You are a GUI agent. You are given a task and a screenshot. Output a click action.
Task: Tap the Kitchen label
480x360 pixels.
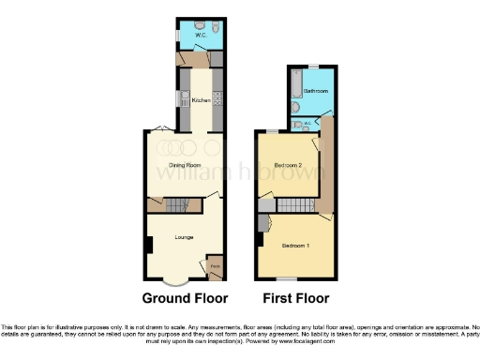click(x=200, y=100)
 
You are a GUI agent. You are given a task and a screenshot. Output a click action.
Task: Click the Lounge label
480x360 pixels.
click(x=183, y=237)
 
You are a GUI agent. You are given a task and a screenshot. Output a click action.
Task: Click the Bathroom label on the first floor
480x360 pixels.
click(x=315, y=92)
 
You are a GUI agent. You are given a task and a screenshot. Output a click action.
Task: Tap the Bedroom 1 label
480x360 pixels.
click(x=295, y=246)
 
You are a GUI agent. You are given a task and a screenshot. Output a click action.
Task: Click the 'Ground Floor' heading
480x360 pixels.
click(x=185, y=300)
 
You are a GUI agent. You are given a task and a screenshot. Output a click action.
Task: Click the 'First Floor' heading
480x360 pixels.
click(x=294, y=300)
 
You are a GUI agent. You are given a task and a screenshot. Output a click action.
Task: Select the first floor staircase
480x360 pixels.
click(x=296, y=205)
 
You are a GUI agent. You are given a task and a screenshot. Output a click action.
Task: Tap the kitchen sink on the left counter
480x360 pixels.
click(x=175, y=100)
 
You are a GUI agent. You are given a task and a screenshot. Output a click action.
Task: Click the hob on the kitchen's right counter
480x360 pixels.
click(x=217, y=97)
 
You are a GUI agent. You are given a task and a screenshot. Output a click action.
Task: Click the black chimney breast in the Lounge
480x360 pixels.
click(x=147, y=246)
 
